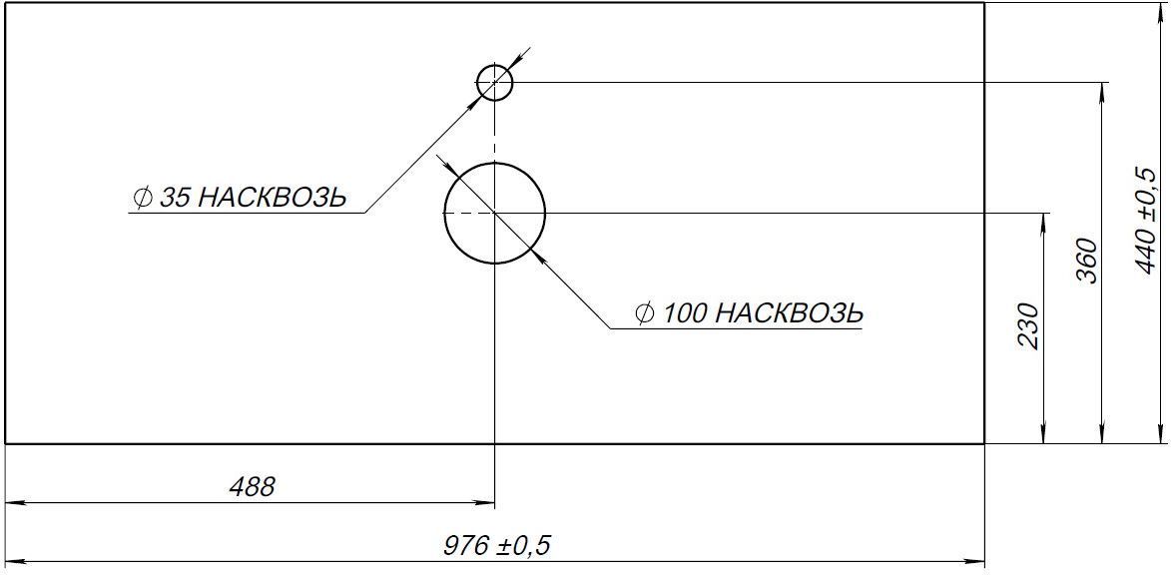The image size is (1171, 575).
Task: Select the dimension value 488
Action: click(x=252, y=487)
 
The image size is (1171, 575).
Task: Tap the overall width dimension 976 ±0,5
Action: click(x=496, y=545)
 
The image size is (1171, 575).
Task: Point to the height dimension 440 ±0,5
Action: click(x=1145, y=221)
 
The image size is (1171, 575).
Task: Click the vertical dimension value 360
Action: click(x=1088, y=261)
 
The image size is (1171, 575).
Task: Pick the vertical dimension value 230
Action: click(x=1028, y=326)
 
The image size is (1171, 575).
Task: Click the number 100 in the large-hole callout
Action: click(x=685, y=313)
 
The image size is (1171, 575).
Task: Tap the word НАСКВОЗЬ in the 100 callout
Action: click(x=790, y=313)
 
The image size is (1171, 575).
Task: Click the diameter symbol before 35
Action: click(x=143, y=197)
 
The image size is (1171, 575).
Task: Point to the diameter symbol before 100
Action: click(x=646, y=313)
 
